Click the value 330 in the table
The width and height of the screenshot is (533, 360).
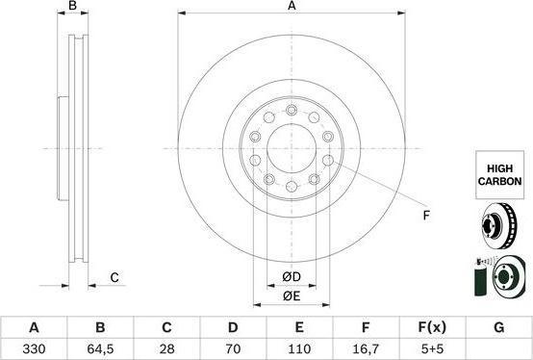point(34,348)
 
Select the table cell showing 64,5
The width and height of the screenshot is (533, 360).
point(100,348)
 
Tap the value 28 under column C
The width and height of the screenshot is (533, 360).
point(166,348)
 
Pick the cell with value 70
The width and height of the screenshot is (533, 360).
point(233,348)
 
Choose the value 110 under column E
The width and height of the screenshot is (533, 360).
point(299,348)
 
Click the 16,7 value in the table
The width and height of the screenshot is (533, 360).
point(366,348)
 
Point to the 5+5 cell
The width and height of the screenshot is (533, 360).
point(432,348)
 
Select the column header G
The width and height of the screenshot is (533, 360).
point(498,327)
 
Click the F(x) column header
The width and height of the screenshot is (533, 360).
point(432,327)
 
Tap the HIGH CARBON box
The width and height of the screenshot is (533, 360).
point(499,175)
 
